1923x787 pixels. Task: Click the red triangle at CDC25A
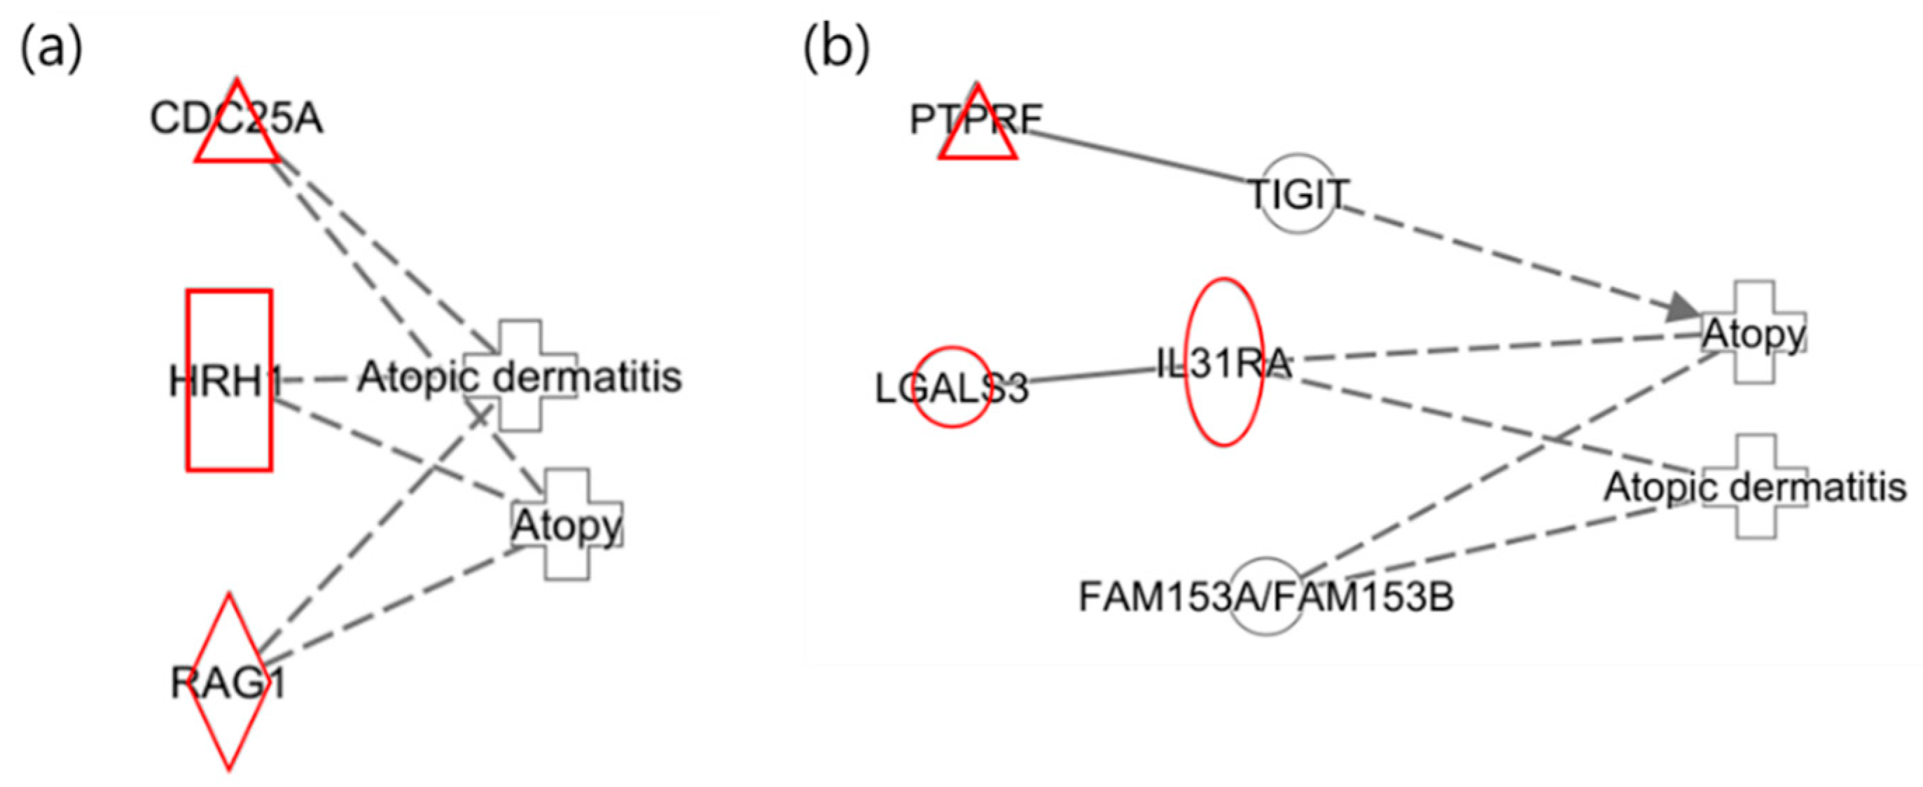point(237,131)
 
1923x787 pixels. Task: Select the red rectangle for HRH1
point(229,380)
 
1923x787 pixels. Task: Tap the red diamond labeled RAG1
point(229,682)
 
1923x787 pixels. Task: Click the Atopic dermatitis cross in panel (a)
point(520,375)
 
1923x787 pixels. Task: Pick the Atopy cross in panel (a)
point(567,524)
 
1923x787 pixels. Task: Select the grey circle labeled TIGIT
point(1298,193)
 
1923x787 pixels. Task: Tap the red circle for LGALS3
point(952,386)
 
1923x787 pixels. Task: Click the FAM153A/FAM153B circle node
point(1266,597)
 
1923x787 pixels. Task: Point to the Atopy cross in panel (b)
point(1753,333)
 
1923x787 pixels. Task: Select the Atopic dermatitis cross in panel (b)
point(1754,487)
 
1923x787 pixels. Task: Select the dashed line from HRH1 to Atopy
point(396,448)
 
